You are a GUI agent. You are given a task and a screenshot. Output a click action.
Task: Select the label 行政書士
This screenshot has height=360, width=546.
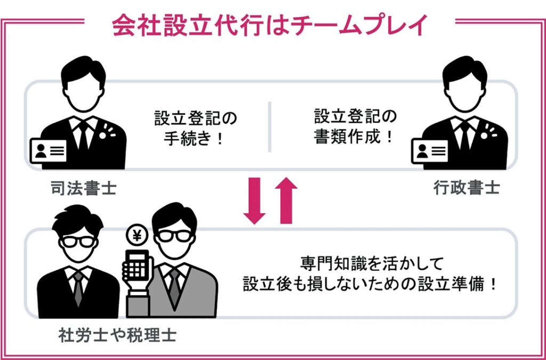467,188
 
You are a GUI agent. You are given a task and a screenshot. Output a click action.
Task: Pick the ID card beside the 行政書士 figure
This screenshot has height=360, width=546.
430,151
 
